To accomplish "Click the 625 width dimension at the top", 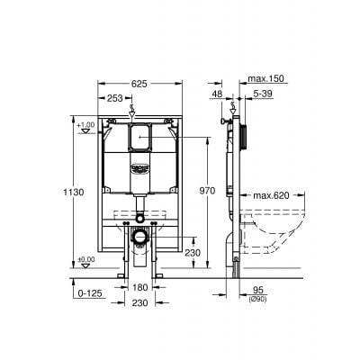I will pyautogui.click(x=139, y=83).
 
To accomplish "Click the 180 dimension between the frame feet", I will pyautogui.click(x=139, y=288).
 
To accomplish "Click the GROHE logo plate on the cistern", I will pyautogui.click(x=139, y=166).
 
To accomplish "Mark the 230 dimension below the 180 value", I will pyautogui.click(x=139, y=304).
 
